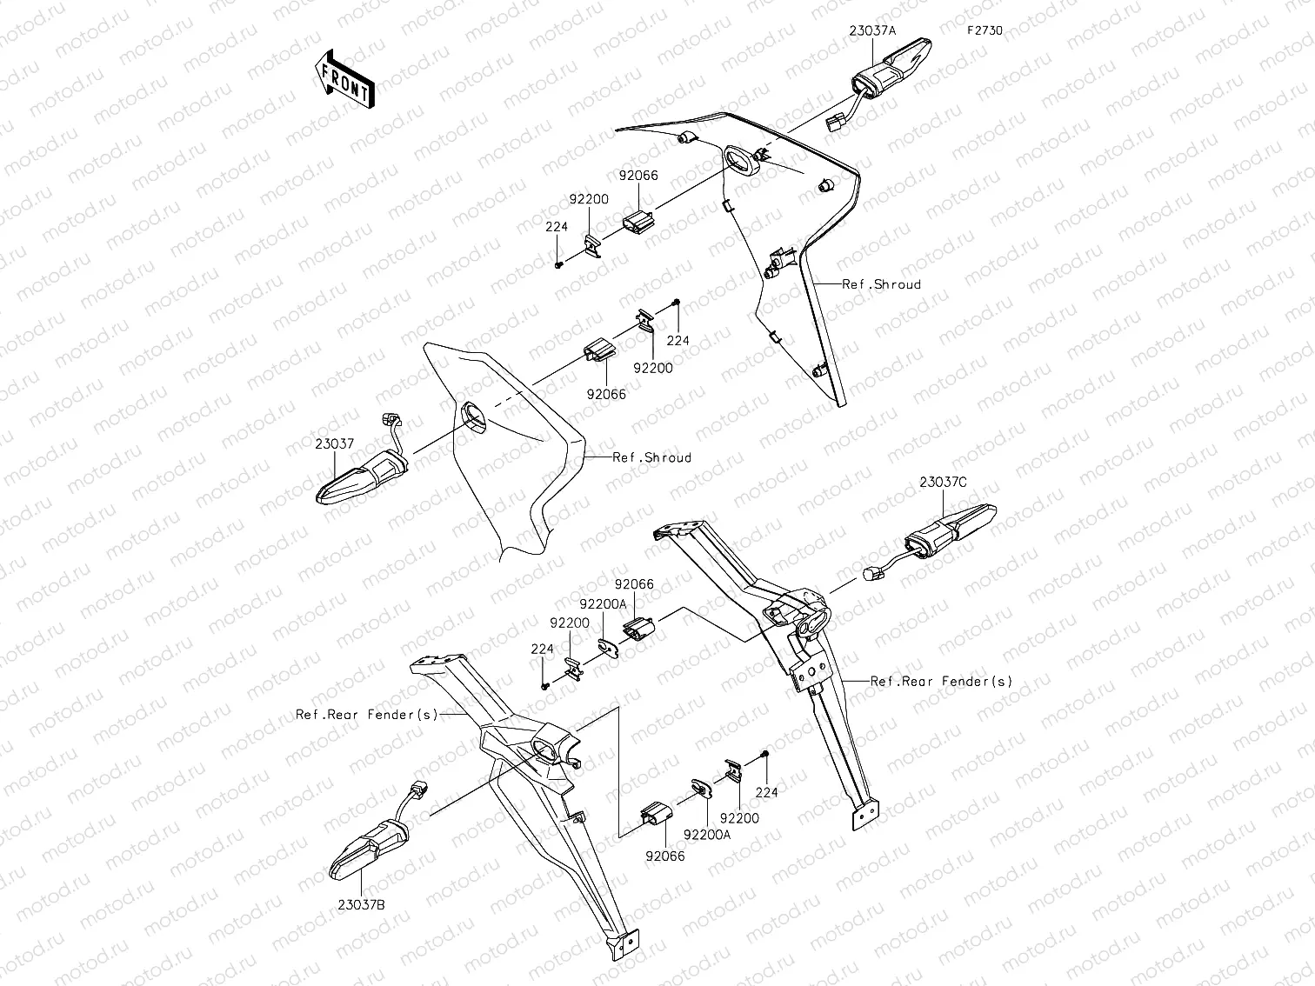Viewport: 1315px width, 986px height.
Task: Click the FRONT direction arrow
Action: tap(344, 80)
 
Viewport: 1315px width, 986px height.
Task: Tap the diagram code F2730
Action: tap(985, 30)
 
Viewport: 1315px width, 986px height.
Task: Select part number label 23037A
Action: tap(872, 30)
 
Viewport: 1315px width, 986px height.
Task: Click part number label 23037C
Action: tap(944, 482)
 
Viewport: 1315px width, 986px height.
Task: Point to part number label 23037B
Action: tap(361, 904)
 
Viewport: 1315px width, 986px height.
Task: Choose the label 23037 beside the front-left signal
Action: tap(334, 443)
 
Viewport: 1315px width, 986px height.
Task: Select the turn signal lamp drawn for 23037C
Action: tap(951, 530)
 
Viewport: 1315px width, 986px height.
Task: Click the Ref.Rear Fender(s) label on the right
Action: tap(941, 682)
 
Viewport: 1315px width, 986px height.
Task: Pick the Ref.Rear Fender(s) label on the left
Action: tap(367, 714)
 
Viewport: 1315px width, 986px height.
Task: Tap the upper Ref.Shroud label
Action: tap(881, 284)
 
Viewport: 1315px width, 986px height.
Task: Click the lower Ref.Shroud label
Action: tap(651, 457)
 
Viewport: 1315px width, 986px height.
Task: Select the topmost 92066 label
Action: tap(638, 176)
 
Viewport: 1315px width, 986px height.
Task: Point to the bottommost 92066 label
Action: tap(665, 856)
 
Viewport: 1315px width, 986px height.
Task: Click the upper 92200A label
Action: tap(604, 604)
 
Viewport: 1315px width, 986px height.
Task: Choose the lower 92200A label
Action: tap(708, 835)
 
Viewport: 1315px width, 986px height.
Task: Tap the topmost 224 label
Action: tap(557, 227)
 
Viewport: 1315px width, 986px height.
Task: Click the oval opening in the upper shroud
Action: tap(741, 160)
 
